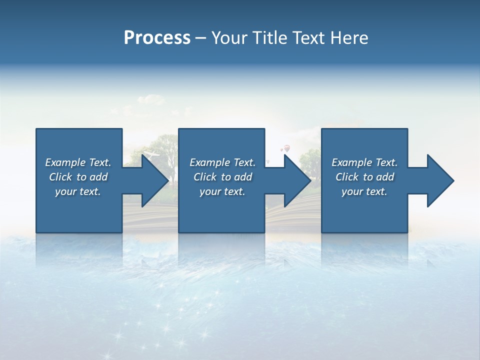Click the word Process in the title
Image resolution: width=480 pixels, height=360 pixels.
coord(157,38)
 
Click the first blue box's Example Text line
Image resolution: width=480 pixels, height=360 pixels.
coord(78,162)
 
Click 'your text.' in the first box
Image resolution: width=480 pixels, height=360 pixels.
coord(78,191)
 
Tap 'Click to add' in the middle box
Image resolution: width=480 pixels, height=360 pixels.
coord(222,177)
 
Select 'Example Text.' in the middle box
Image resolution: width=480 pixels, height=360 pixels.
coord(222,162)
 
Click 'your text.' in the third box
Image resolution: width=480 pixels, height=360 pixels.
coord(364,191)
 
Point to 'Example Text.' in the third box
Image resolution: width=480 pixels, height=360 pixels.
coord(364,162)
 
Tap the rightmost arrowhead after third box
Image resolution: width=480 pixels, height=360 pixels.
coord(439,180)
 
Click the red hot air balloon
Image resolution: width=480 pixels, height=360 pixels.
coord(286,148)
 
